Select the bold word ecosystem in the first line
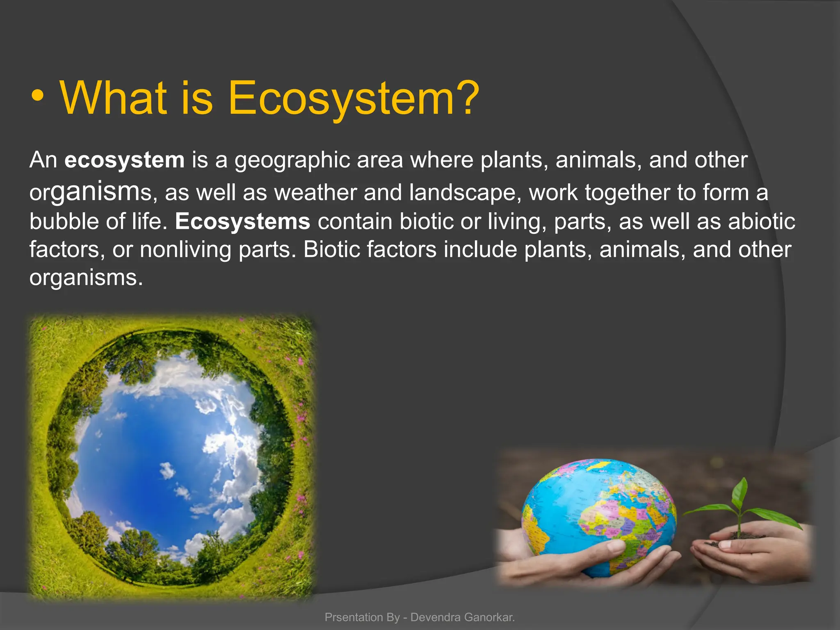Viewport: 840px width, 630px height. [124, 160]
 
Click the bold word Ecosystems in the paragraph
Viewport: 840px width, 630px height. [242, 221]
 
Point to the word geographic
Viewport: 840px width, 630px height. [292, 160]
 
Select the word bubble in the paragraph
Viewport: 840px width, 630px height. [64, 221]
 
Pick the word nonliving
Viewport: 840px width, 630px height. [185, 249]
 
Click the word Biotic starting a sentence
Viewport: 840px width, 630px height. [331, 249]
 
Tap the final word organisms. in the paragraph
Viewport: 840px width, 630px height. [86, 278]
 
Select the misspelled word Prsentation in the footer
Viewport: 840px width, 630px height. [354, 617]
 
